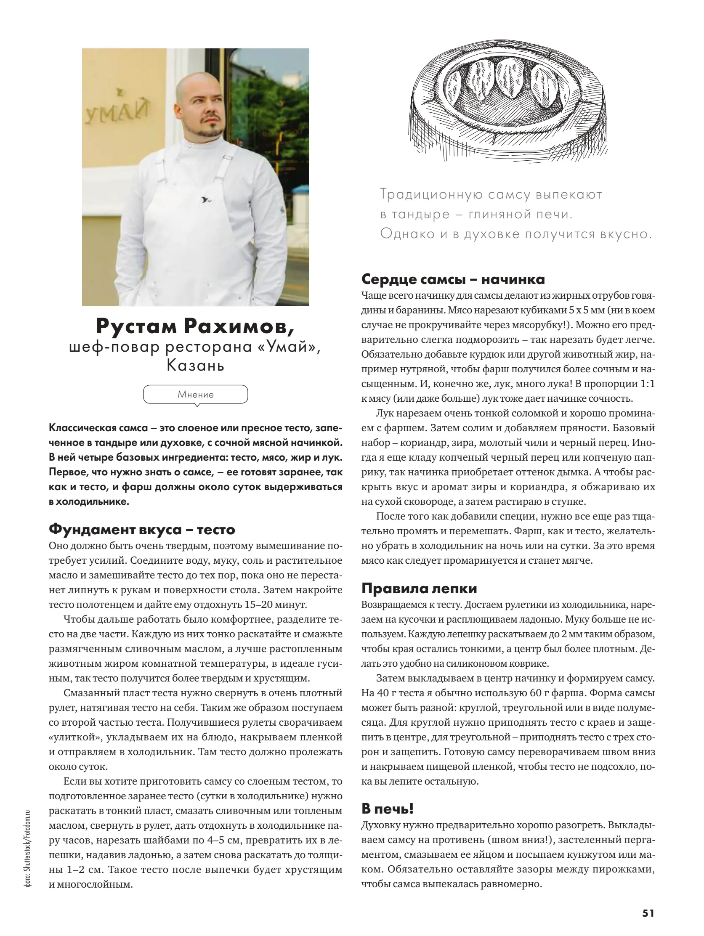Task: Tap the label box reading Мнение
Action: pos(196,394)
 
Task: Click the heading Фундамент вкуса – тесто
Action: pos(142,529)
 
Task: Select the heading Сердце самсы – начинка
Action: pos(453,279)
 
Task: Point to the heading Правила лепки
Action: pos(419,589)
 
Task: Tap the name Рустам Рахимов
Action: pos(195,326)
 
